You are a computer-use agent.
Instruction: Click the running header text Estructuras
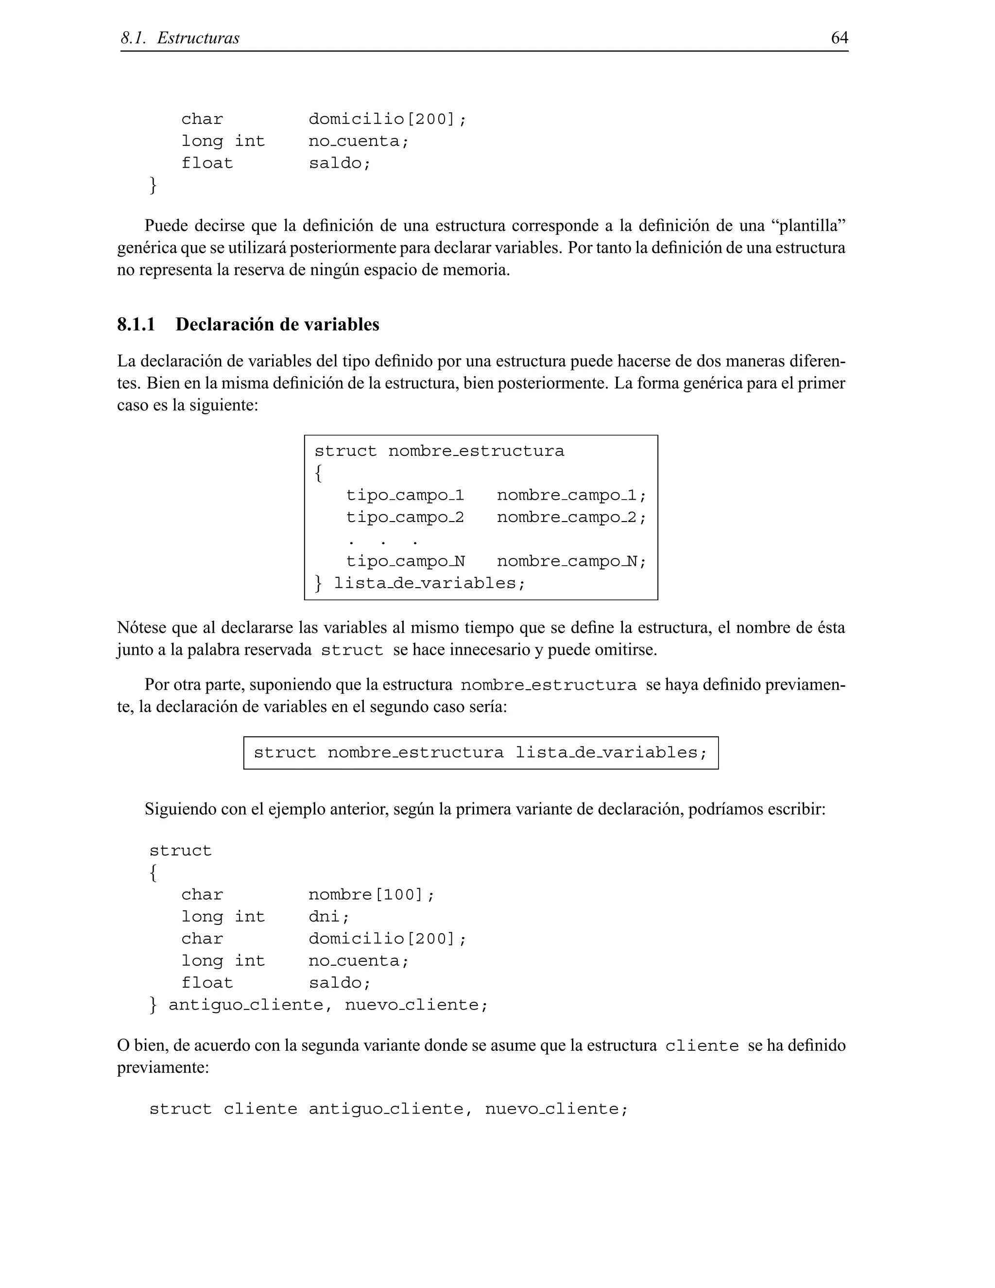pyautogui.click(x=198, y=39)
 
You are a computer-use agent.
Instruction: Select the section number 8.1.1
pyautogui.click(x=136, y=324)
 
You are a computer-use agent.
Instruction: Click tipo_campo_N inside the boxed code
pyautogui.click(x=405, y=561)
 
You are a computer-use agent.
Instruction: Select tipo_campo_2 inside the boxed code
pyautogui.click(x=405, y=518)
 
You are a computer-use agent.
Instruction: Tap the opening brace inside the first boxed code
pyautogui.click(x=318, y=473)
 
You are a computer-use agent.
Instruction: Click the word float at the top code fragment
pyautogui.click(x=207, y=163)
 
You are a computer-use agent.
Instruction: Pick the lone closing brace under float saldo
pyautogui.click(x=153, y=185)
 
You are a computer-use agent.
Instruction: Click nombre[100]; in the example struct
pyautogui.click(x=371, y=895)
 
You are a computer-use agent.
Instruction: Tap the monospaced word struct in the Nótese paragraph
pyautogui.click(x=351, y=650)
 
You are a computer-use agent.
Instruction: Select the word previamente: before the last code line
pyautogui.click(x=163, y=1068)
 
